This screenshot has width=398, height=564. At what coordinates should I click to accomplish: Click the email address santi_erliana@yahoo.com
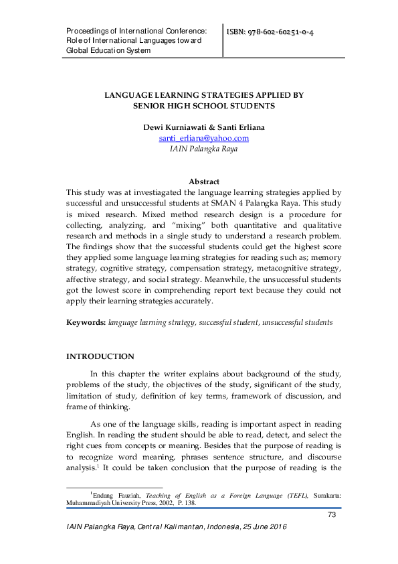203,138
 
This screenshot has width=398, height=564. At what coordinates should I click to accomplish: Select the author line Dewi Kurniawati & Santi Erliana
203,127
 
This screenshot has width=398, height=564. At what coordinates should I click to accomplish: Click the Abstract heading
203,182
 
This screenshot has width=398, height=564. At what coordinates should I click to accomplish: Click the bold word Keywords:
85,322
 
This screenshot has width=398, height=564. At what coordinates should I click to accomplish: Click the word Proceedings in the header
88,31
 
